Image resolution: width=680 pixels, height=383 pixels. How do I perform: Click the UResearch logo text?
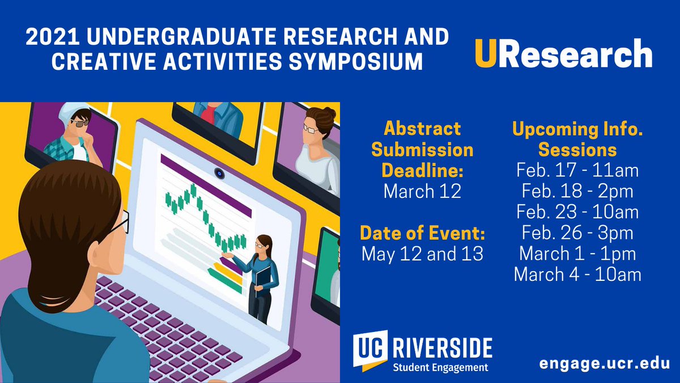563,54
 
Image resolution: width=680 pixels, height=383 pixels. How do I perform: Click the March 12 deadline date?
422,191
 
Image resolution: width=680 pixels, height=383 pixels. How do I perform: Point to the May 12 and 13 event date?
422,254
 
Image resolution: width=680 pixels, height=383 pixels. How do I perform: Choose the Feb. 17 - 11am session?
577,170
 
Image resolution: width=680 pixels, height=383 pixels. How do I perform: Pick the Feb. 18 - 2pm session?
577,191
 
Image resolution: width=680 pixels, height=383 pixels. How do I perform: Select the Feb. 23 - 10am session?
577,212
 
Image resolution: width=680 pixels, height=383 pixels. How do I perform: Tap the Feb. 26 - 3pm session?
577,233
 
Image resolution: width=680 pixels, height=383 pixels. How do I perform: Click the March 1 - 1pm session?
577,254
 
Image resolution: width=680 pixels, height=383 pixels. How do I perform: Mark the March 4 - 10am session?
577,275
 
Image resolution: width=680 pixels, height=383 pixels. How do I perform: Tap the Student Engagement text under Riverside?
440,367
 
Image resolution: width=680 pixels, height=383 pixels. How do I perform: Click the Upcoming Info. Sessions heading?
577,139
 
